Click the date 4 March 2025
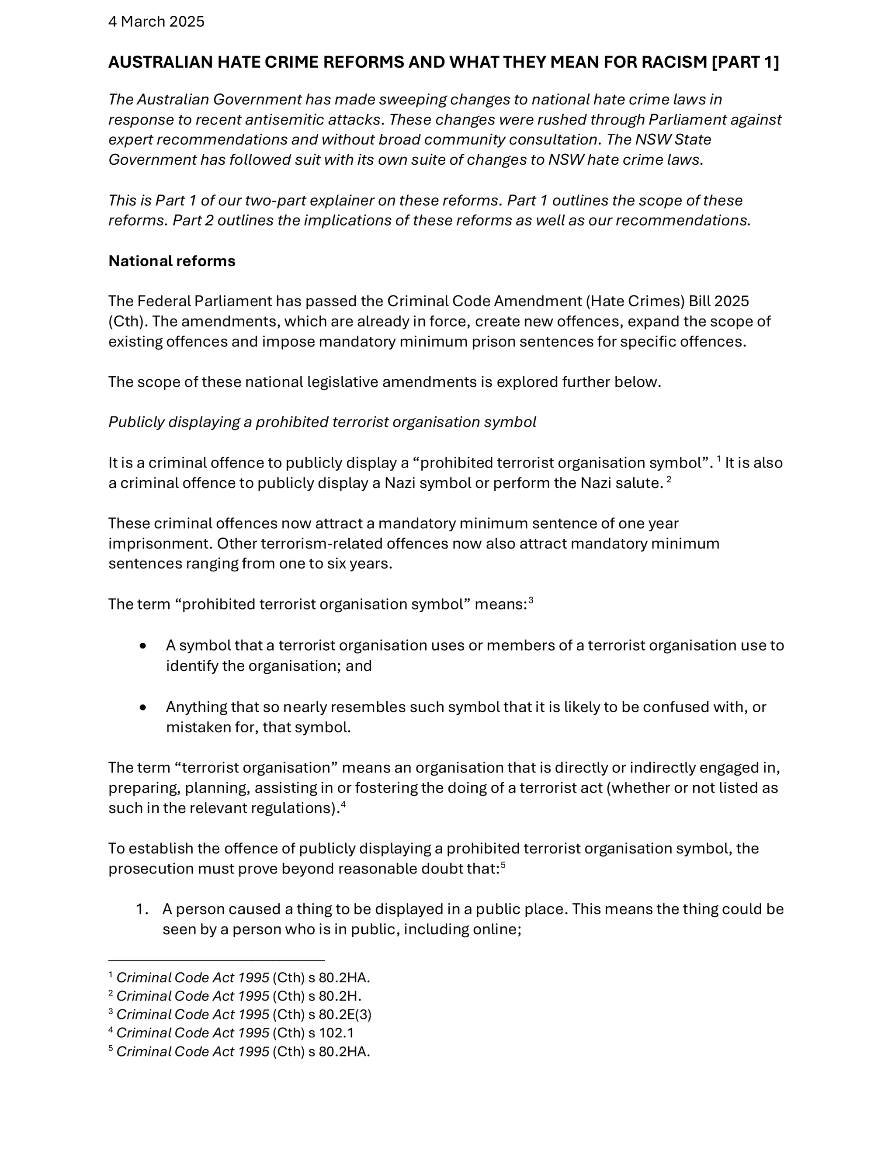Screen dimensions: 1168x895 click(x=156, y=22)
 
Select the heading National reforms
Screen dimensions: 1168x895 click(x=172, y=261)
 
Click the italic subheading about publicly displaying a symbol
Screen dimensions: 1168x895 click(x=322, y=422)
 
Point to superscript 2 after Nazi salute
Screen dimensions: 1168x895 click(x=669, y=479)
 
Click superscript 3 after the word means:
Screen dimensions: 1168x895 click(x=531, y=601)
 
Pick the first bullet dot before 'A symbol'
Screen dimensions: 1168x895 click(x=143, y=645)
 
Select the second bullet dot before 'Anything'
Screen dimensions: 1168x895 click(x=143, y=707)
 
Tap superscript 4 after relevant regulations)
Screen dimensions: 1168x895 click(x=343, y=805)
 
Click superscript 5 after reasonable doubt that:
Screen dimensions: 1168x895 click(x=503, y=866)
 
